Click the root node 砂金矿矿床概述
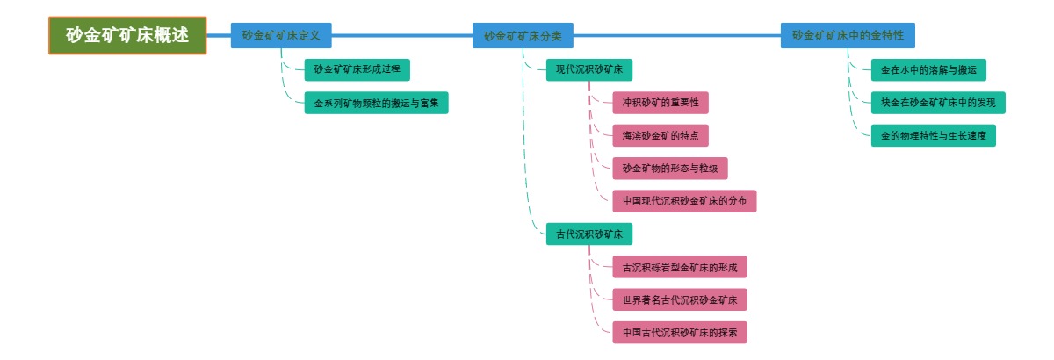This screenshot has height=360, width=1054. tap(127, 35)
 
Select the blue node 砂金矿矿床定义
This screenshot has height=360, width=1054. tap(281, 35)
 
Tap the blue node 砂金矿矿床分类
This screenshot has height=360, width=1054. tap(523, 36)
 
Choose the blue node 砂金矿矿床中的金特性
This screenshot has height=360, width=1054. tap(848, 35)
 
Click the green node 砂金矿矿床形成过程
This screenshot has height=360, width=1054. tap(357, 69)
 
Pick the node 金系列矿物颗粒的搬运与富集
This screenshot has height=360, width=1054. tap(376, 103)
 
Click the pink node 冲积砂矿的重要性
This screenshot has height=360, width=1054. tap(661, 103)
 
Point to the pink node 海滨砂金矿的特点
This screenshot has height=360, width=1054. tap(661, 135)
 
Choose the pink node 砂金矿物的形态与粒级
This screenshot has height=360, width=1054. tap(670, 169)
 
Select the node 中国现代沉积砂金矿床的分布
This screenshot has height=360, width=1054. tap(684, 201)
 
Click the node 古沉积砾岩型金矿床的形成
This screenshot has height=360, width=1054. tap(680, 267)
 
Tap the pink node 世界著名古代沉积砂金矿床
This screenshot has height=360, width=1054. tap(680, 300)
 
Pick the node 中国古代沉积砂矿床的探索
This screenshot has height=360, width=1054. tap(680, 333)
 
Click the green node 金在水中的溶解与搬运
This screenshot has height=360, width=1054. tap(928, 69)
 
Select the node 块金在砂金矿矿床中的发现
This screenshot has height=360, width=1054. tap(938, 103)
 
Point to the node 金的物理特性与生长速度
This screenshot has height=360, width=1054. tap(934, 135)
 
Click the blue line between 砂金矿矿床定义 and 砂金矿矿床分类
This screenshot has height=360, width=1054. tap(402, 36)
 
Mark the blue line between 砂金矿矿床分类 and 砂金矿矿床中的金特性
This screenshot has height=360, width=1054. tap(676, 36)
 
